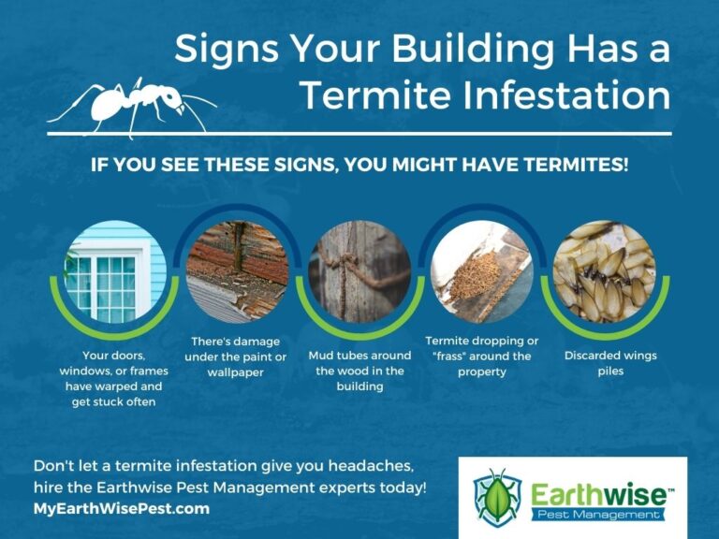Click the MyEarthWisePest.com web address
click(x=122, y=509)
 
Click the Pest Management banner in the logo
click(x=598, y=516)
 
